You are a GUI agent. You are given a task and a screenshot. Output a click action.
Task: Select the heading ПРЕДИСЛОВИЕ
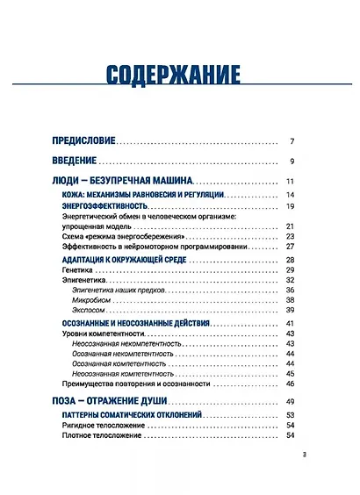[84, 140]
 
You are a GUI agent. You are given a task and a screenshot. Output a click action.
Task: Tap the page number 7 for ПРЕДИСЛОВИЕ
[292, 140]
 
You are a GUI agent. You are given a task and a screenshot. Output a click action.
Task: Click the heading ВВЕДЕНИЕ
[74, 161]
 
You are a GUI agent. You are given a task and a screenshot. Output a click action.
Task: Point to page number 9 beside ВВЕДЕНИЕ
[292, 161]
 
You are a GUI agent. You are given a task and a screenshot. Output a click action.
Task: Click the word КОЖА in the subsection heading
[73, 194]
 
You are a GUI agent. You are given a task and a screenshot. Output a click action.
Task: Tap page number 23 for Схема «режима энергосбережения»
[289, 237]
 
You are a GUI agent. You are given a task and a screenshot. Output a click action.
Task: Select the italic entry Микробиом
[90, 300]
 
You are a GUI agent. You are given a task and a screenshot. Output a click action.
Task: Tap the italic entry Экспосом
[88, 311]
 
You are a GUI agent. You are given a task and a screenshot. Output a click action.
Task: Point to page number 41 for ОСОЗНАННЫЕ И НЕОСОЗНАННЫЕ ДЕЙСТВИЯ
[289, 325]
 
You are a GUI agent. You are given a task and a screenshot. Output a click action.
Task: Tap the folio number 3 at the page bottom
[304, 455]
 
